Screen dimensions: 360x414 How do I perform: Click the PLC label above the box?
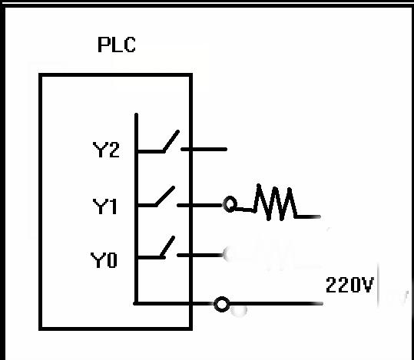117,45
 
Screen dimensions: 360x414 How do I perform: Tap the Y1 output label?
106,206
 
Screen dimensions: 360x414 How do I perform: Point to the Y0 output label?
104,261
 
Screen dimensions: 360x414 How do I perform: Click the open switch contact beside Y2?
170,143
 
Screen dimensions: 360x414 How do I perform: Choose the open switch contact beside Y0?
166,248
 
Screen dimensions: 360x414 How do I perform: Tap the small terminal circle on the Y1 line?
230,206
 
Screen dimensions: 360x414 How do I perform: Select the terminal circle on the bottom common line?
222,305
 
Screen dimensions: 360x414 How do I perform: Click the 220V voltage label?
349,286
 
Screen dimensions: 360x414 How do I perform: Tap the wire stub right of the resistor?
308,216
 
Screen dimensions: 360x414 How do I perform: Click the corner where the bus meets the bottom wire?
136,304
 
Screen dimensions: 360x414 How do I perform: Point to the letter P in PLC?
104,45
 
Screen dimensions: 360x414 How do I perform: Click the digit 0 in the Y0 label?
111,261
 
